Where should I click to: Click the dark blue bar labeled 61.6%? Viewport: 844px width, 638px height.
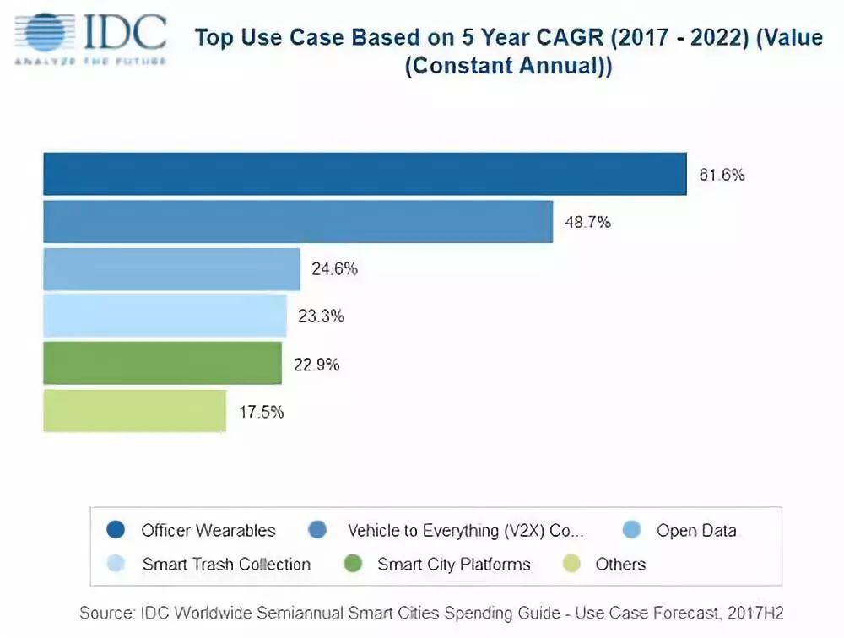pos(365,174)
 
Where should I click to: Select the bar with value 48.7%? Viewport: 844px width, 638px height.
pos(298,222)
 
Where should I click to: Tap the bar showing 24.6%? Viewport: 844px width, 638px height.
pos(171,269)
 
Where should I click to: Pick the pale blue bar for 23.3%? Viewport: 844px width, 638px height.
pos(165,316)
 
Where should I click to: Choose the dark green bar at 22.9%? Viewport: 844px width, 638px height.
pos(162,364)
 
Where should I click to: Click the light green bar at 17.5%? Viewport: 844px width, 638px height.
pos(134,411)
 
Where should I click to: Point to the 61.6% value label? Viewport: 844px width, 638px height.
pos(722,176)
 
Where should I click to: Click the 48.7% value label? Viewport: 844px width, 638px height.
pos(587,223)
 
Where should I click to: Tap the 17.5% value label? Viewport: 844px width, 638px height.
pos(261,413)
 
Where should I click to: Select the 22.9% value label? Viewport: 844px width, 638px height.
pos(316,365)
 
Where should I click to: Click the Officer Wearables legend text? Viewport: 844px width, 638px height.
pos(208,531)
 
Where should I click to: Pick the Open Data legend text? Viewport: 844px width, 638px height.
pos(696,531)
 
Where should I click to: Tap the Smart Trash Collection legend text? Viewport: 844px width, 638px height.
pos(226,565)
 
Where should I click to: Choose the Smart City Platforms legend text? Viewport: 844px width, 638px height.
pos(454,565)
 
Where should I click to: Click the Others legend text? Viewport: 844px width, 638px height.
pos(620,565)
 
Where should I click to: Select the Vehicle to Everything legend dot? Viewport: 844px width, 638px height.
pos(318,530)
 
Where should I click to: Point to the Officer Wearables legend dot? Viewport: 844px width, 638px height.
pos(116,530)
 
